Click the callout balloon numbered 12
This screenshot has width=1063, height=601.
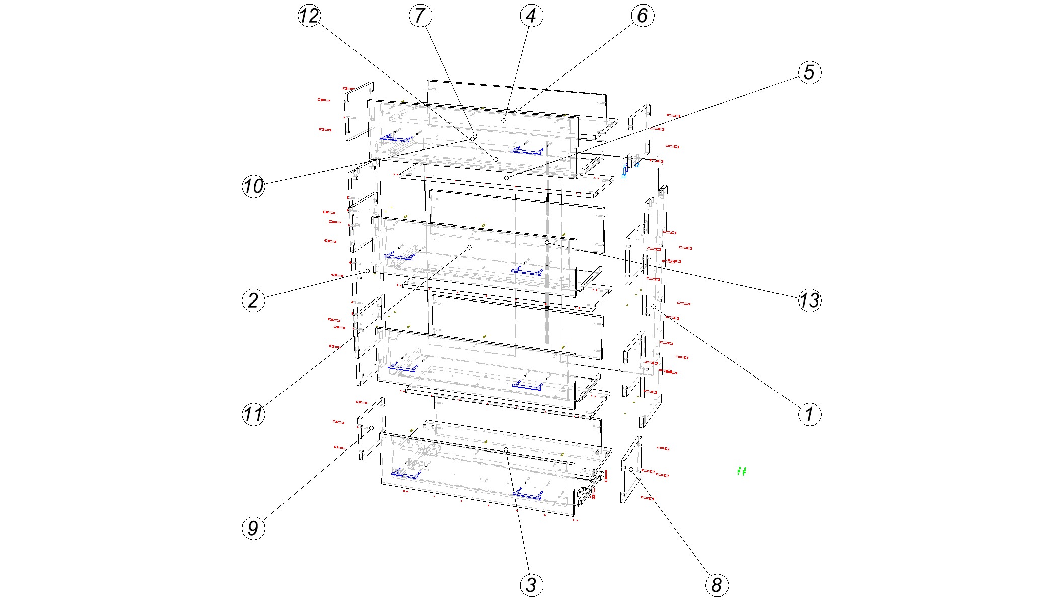click(x=309, y=16)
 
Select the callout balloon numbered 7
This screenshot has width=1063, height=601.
click(x=420, y=16)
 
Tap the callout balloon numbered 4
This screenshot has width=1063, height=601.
click(x=531, y=16)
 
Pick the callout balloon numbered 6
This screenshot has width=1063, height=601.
click(x=643, y=16)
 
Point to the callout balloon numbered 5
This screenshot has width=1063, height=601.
click(x=809, y=72)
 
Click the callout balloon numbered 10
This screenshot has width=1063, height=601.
click(x=253, y=186)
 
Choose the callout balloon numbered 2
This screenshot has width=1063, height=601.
click(x=253, y=300)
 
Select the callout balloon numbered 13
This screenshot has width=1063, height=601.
click(x=809, y=300)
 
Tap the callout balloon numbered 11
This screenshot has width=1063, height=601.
click(x=253, y=414)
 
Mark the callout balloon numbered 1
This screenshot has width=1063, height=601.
click(x=809, y=414)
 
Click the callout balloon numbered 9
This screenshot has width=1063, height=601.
click(x=253, y=528)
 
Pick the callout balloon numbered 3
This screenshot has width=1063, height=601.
click(x=531, y=585)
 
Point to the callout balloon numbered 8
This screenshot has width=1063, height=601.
click(x=717, y=585)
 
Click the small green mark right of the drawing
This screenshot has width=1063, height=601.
click(x=741, y=471)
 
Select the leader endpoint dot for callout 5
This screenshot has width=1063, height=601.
click(x=507, y=178)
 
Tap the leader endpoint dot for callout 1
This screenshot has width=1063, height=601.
click(x=653, y=306)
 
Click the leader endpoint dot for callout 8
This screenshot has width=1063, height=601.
click(x=631, y=469)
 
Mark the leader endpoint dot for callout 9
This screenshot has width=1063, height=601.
click(x=372, y=428)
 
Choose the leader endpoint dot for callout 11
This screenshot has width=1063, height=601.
click(x=470, y=247)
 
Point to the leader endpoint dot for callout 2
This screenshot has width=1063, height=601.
click(x=367, y=271)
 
